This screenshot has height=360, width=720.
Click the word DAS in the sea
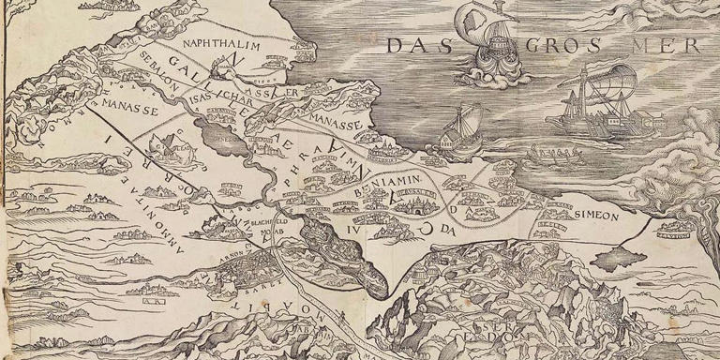pyautogui.click(x=415, y=45)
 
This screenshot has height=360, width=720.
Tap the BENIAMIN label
pyautogui.click(x=385, y=183)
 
